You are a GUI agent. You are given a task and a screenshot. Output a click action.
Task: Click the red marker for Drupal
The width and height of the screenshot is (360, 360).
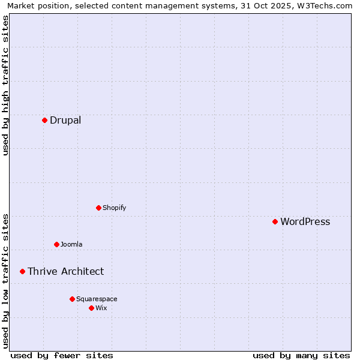tap(44, 120)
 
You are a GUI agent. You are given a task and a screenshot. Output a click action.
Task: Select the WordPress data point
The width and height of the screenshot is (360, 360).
tap(275, 221)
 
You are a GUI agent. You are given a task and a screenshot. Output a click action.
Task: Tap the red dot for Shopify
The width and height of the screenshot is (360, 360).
tap(98, 208)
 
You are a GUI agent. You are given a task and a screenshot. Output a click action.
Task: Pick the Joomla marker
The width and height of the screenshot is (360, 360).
tap(56, 244)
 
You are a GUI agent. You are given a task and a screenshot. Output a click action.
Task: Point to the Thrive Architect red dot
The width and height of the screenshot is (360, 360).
tap(22, 271)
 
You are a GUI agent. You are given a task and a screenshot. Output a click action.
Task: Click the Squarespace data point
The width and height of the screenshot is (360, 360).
tap(72, 299)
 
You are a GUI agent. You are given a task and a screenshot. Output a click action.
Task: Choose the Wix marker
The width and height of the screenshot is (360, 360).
tap(91, 308)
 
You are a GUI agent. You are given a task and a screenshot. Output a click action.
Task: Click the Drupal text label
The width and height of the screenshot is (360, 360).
tap(65, 120)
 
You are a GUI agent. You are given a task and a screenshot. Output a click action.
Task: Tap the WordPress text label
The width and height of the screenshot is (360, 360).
tap(305, 221)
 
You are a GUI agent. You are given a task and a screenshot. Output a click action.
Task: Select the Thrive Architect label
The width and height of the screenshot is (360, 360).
tap(65, 271)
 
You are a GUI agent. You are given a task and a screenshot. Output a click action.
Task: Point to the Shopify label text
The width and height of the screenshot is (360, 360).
tap(114, 208)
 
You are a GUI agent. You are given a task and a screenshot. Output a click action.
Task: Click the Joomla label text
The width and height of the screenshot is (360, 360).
tap(71, 244)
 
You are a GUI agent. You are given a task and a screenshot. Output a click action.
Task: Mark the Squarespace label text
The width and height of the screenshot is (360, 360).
tap(97, 299)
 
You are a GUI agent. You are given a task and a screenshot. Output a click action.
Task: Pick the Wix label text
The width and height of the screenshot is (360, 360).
tap(101, 308)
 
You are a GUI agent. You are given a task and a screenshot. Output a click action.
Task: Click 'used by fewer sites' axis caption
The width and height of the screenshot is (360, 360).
tap(62, 355)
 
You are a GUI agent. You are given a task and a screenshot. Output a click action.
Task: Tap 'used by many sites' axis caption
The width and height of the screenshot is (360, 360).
tap(301, 355)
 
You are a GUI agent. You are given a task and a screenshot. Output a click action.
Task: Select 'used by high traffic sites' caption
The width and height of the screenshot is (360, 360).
tap(5, 85)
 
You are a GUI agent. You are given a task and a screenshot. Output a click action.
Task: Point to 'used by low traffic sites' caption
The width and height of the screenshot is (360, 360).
tap(5, 280)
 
